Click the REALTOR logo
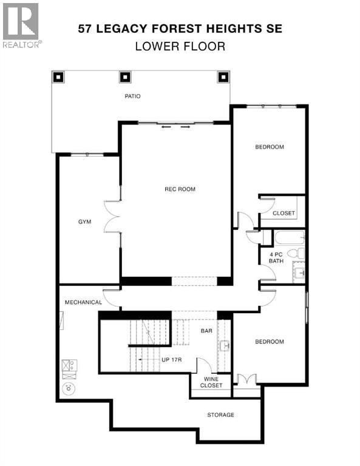coord(22,25)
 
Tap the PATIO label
coord(132,96)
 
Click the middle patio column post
coord(125,77)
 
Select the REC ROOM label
coord(180,189)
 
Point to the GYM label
coord(85,222)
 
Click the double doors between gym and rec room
coord(112,217)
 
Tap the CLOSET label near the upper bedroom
coord(284,214)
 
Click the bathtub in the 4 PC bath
coord(290,238)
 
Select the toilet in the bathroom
coord(296,254)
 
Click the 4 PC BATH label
coord(276,258)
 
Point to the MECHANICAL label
coord(84,303)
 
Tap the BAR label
coord(206,331)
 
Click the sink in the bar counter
coord(225,346)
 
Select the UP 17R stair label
coord(172,360)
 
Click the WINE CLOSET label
coord(211,382)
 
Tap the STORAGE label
coord(220,415)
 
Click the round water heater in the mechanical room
coord(69,388)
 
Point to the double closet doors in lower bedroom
coord(246,379)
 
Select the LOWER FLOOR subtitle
coord(180,47)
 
